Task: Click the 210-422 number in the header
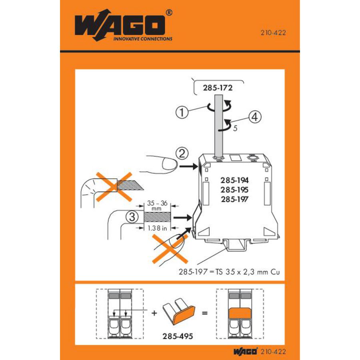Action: (274, 34)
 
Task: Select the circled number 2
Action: (182, 153)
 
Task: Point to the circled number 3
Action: (130, 217)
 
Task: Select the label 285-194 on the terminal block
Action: (234, 180)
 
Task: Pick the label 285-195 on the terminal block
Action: (234, 190)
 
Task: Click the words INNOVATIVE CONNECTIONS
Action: (143, 39)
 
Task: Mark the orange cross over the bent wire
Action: (114, 186)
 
